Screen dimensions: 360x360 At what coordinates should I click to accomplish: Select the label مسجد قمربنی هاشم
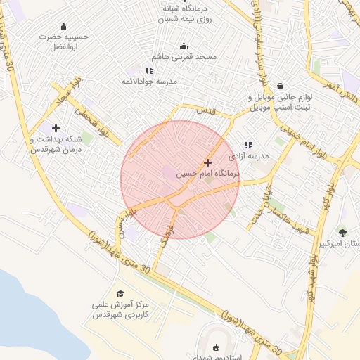184,56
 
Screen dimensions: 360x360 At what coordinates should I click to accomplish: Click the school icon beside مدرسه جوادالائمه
149,70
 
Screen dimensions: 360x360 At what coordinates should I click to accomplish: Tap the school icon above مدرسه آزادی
248,145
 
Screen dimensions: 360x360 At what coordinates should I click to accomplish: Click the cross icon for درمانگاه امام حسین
207,162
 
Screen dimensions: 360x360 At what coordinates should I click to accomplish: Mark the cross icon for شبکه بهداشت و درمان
56,128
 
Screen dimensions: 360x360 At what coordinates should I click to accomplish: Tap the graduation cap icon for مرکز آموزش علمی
120,293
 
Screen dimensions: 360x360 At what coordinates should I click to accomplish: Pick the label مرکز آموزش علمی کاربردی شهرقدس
121,310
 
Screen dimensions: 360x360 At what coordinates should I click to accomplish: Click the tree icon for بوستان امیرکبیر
342,232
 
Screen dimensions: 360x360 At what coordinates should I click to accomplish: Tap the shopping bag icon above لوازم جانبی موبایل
280,86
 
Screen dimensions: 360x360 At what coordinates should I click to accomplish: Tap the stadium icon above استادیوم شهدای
216,347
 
